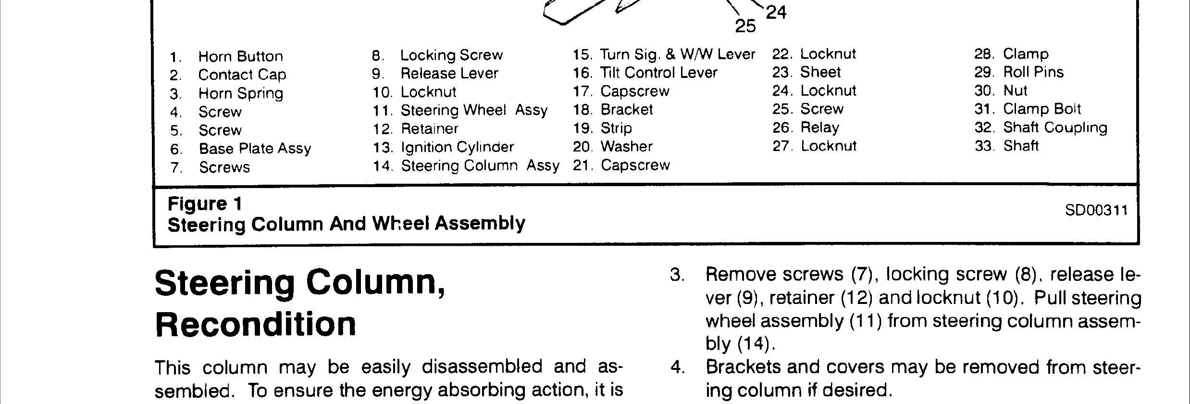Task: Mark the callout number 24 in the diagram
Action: (776, 12)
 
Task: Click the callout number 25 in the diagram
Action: (745, 26)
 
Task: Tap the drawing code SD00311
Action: (1096, 210)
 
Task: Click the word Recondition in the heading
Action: (256, 324)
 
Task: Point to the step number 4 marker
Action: (677, 367)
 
